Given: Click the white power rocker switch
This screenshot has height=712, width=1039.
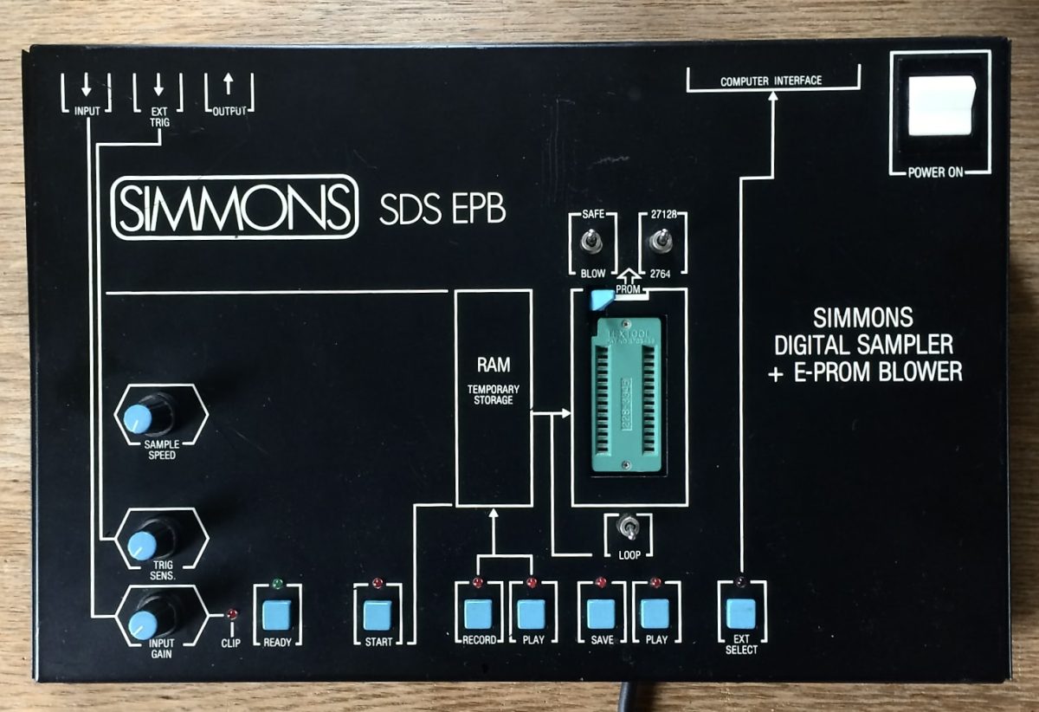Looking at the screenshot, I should click(939, 104).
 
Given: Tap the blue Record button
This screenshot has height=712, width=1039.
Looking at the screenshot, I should click(478, 613).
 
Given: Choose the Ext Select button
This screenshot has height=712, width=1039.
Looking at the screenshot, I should click(741, 613).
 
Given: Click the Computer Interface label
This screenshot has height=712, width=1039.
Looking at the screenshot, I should click(771, 81).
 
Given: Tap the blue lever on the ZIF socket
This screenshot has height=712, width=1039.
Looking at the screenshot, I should click(597, 300).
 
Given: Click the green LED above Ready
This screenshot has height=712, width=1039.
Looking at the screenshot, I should click(278, 583).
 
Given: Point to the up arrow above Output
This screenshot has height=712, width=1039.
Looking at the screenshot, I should click(229, 84).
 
